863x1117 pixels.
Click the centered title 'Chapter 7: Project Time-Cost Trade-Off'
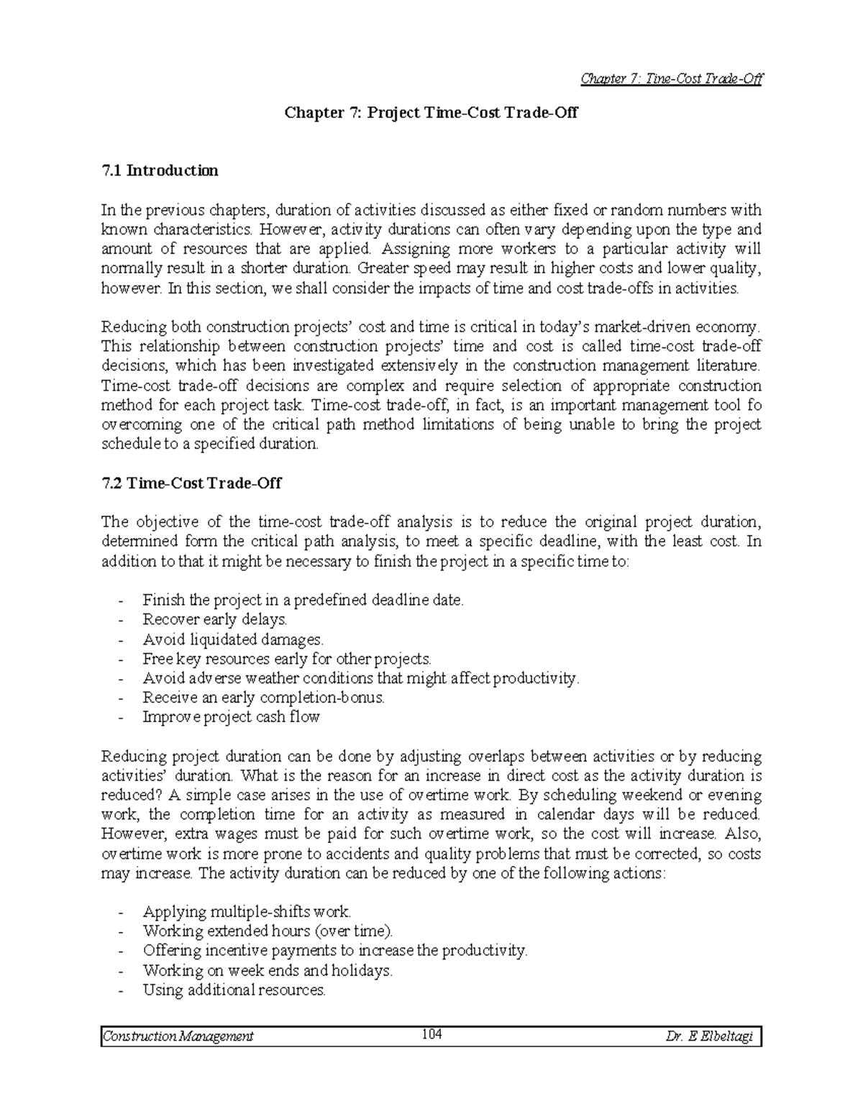[431, 113]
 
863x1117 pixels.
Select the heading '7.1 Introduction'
[160, 171]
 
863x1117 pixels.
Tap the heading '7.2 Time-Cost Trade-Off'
[191, 483]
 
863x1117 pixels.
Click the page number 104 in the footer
[431, 1035]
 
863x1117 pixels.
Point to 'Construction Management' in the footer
[178, 1036]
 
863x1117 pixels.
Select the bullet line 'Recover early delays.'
[215, 619]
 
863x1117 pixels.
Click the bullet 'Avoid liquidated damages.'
[234, 639]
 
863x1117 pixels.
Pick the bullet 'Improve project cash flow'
[231, 717]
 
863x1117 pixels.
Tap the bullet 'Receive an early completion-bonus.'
[264, 698]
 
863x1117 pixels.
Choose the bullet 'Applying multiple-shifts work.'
[247, 912]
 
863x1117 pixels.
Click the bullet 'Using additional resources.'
[234, 990]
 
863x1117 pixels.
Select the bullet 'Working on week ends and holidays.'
[268, 971]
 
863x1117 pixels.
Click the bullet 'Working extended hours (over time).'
[268, 931]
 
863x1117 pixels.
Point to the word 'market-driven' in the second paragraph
[651, 327]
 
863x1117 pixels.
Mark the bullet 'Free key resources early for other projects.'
[287, 659]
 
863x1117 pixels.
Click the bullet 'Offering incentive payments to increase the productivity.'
[335, 951]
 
